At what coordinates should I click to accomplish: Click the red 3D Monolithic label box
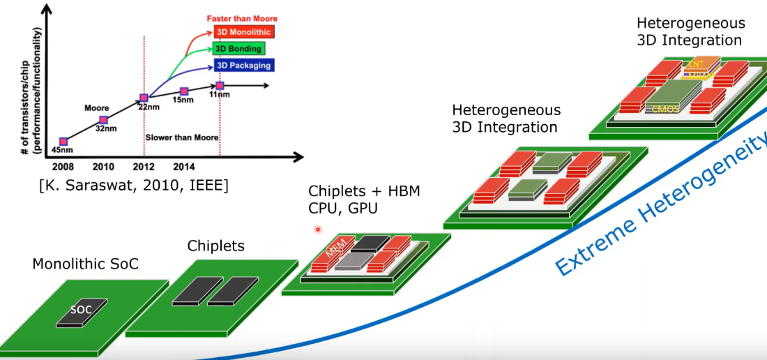pos(243,32)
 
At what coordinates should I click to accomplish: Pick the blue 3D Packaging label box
pos(243,66)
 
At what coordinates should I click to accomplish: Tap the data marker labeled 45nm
pos(63,142)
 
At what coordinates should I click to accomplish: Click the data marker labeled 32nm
pos(104,120)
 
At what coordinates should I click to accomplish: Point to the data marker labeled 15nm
pos(184,91)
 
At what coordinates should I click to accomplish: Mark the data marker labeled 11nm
pos(220,86)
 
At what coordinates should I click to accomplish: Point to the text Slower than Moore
pos(182,137)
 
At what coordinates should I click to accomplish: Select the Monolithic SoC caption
pos(86,264)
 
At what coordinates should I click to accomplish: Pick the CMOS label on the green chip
pos(667,109)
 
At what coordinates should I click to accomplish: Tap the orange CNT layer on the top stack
pos(697,64)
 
